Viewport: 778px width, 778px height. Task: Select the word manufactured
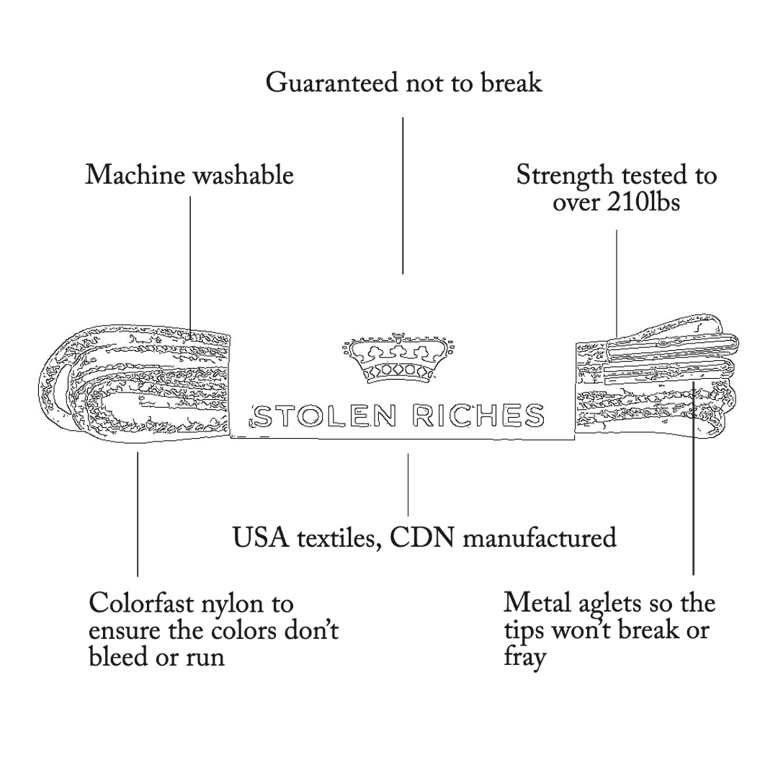tap(539, 537)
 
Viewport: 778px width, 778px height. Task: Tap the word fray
tap(524, 657)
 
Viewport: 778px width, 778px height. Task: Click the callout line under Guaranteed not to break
tap(403, 194)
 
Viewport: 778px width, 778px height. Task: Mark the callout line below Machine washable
tap(190, 259)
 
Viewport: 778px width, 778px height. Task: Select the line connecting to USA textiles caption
tap(408, 484)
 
